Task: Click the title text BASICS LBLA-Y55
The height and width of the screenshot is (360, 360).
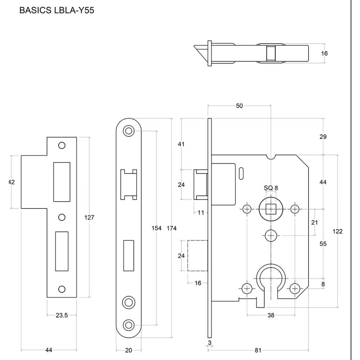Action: click(57, 10)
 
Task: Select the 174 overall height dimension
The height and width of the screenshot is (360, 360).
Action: click(172, 228)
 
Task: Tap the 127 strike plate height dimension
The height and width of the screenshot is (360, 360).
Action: click(89, 217)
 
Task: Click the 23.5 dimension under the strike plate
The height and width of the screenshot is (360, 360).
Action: click(62, 315)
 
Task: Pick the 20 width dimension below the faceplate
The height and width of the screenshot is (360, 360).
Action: click(129, 350)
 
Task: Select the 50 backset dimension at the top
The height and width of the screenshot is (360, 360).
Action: click(239, 105)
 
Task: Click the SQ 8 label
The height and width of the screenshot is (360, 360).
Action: click(271, 188)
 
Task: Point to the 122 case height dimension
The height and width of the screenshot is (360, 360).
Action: click(337, 231)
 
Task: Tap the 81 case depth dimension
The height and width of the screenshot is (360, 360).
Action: click(258, 350)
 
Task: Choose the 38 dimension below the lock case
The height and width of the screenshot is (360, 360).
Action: click(271, 315)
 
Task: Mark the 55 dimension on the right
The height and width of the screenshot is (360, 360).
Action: click(323, 244)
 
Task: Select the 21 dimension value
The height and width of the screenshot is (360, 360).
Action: click(314, 222)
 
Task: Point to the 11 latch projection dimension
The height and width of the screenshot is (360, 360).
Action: click(201, 212)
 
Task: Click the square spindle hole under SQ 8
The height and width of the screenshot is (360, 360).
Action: click(271, 209)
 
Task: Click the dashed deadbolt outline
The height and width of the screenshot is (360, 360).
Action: click(197, 256)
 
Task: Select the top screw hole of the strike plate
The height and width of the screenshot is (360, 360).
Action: click(62, 145)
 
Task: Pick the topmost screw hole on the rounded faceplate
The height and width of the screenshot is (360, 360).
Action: click(129, 131)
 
